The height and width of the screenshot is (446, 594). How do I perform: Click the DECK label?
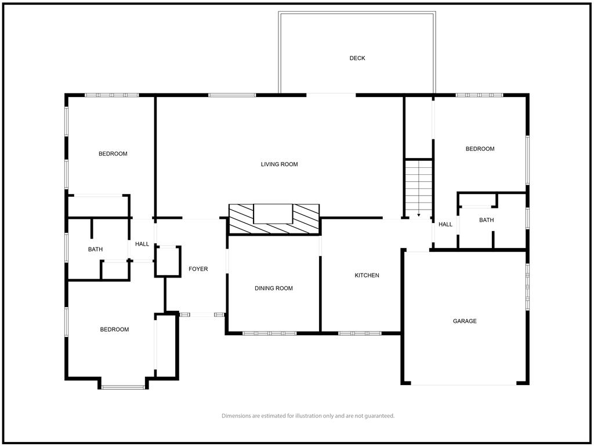coord(357,58)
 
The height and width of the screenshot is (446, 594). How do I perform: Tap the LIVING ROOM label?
coord(279,164)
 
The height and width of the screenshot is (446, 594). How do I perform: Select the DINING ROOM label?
coord(274,288)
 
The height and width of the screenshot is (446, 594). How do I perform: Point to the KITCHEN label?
coord(367,275)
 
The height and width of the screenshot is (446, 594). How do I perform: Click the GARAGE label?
coord(465,321)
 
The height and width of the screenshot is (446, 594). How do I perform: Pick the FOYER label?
coord(198,269)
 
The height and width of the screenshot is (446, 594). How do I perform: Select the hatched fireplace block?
coord(274,219)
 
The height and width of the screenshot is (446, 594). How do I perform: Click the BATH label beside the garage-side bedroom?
coord(487,220)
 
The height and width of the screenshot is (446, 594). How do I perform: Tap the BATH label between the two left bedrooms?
coord(96,249)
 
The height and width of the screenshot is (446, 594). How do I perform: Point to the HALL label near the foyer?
coord(142,244)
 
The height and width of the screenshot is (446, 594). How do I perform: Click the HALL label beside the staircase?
coord(445,224)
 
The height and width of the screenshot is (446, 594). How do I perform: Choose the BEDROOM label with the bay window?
coord(114,330)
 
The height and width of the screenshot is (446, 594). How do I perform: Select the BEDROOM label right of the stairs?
coord(480,149)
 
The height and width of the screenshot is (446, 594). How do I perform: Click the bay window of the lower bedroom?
coord(123,387)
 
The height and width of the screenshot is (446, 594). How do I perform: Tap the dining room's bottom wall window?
coord(269,333)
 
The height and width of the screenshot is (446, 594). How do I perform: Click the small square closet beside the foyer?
coord(168,261)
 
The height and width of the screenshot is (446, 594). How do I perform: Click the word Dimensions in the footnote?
coord(236,416)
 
